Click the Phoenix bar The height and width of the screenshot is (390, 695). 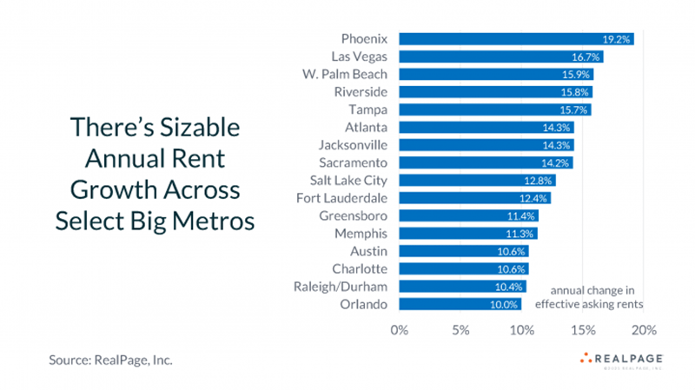[516, 39]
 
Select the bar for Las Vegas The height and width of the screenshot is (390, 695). [500, 56]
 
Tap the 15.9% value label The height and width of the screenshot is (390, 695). [577, 75]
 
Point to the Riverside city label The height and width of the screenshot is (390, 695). [361, 92]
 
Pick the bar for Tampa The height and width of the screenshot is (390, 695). [495, 109]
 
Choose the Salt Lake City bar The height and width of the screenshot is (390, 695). [477, 181]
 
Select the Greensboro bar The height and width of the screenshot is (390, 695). [468, 215]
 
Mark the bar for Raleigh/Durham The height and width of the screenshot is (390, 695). [462, 287]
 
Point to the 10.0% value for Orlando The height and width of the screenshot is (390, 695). [505, 304]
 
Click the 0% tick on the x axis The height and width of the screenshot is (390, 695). [399, 330]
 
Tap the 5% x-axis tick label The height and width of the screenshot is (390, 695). [460, 330]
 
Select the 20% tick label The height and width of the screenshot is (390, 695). [644, 330]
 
